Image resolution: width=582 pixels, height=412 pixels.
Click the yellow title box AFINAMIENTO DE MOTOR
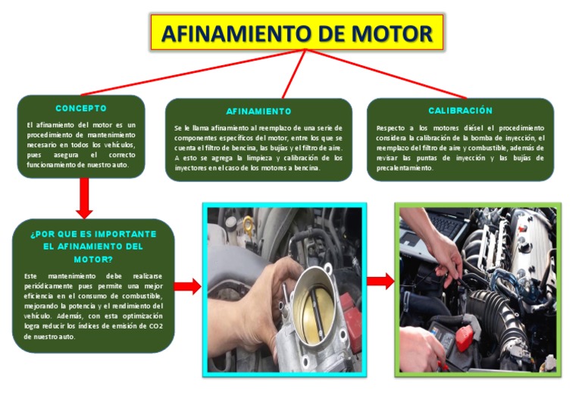(x=297, y=33)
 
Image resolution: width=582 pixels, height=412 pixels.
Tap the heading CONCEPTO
(x=81, y=108)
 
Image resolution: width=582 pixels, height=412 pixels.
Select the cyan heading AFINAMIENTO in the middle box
(x=258, y=111)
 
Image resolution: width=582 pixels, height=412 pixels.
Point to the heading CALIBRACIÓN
(x=460, y=110)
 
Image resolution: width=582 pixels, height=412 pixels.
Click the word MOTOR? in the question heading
(x=93, y=259)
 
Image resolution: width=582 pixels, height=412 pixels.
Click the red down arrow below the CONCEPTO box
(x=84, y=198)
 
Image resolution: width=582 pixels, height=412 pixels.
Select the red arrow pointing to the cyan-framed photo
(x=187, y=287)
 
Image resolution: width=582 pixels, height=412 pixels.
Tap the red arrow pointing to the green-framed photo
(x=380, y=281)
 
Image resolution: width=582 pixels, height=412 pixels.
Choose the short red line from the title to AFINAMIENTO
(x=293, y=74)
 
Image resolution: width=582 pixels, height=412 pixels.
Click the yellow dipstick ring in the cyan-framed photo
(x=249, y=224)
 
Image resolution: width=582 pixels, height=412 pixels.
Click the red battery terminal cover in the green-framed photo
(x=465, y=338)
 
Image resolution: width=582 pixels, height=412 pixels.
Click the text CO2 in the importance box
(x=155, y=326)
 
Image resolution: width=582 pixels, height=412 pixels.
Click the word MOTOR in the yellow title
(x=392, y=33)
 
